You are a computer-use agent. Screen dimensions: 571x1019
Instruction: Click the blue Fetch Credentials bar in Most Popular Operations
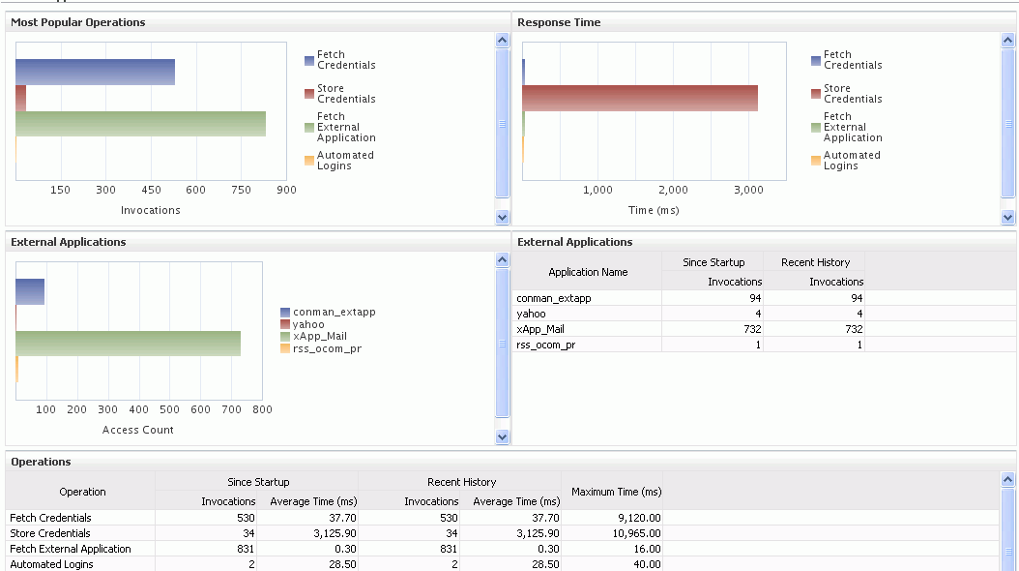[95, 72]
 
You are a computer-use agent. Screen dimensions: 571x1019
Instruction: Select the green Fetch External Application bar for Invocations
[140, 124]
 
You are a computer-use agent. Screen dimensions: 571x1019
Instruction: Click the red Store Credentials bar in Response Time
[640, 98]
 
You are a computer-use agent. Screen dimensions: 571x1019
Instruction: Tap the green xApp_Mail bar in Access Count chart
[128, 343]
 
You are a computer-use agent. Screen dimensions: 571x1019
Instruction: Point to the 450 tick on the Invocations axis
[151, 191]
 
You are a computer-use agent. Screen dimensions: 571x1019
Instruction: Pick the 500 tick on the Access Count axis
[169, 410]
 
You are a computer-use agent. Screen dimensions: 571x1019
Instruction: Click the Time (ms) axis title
[655, 211]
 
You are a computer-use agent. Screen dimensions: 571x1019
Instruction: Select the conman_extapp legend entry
[334, 313]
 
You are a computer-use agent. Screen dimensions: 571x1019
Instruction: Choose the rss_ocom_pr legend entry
[327, 348]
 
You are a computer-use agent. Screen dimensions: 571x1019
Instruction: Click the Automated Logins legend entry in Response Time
[851, 161]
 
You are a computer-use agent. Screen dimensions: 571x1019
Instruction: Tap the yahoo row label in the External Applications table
[531, 314]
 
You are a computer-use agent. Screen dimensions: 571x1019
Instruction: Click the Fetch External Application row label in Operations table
[71, 549]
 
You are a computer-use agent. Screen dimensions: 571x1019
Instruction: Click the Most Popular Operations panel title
[78, 22]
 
